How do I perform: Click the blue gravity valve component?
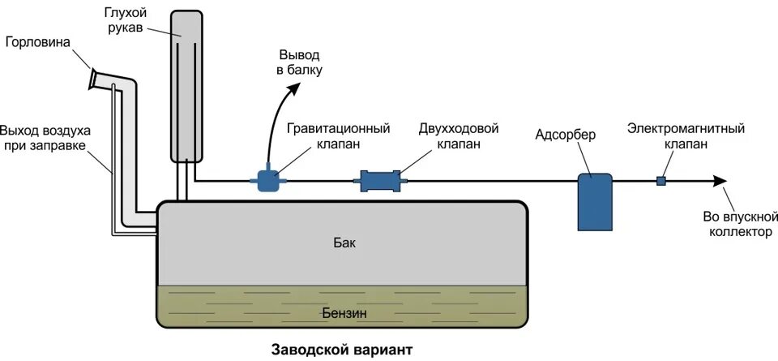click(268, 179)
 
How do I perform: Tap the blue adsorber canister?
click(596, 200)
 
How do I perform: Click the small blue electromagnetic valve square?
click(661, 181)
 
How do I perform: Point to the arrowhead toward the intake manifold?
click(719, 181)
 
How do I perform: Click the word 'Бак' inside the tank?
click(344, 243)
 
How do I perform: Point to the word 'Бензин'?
click(344, 312)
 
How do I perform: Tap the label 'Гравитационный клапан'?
click(338, 136)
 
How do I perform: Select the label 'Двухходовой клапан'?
click(458, 136)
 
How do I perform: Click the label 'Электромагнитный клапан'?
click(686, 136)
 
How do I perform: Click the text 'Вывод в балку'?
click(300, 62)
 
